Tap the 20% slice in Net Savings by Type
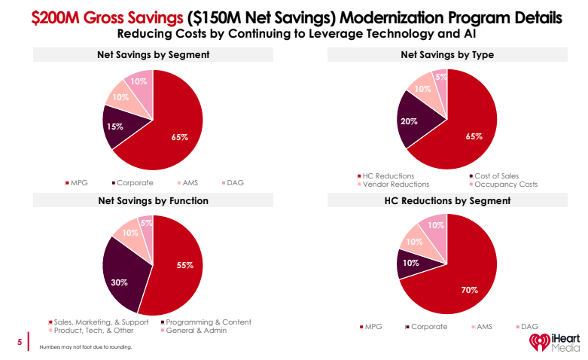(x=411, y=123)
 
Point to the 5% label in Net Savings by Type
(x=441, y=77)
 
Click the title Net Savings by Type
(x=447, y=54)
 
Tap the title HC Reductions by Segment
(x=447, y=201)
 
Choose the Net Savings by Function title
(x=153, y=201)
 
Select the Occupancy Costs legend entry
(x=504, y=184)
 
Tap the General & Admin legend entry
(x=197, y=330)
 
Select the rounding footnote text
(x=85, y=347)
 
